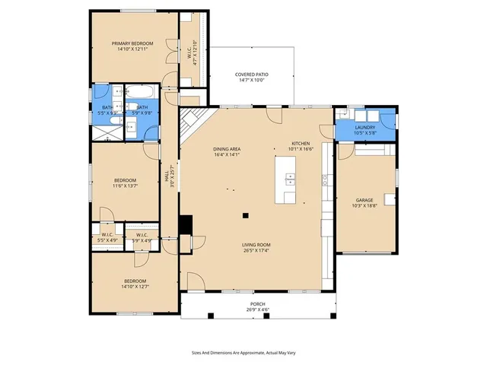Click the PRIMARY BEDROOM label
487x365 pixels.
(132, 44)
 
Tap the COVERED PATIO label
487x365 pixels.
(251, 75)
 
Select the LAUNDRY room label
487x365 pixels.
(365, 127)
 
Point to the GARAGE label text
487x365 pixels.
(364, 200)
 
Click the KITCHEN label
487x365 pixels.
(301, 144)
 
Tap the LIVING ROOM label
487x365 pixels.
(257, 245)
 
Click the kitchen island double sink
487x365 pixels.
(291, 180)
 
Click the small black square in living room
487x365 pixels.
(245, 215)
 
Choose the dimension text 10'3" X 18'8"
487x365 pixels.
(364, 205)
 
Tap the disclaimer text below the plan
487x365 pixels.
(243, 353)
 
